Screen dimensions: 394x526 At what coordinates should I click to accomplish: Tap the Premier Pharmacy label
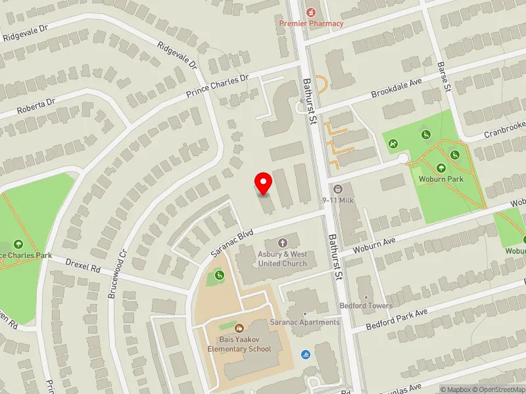click(311, 24)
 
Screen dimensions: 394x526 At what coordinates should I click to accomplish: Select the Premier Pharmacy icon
click(311, 11)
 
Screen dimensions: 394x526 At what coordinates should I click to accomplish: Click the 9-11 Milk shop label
click(339, 200)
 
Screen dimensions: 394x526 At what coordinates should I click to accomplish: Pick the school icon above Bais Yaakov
click(239, 327)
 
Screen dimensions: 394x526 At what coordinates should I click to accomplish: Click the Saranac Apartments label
click(304, 322)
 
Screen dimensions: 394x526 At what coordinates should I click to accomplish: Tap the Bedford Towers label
click(366, 306)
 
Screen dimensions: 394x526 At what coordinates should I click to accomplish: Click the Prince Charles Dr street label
click(218, 87)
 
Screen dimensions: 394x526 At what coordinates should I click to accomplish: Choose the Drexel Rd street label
click(83, 265)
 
